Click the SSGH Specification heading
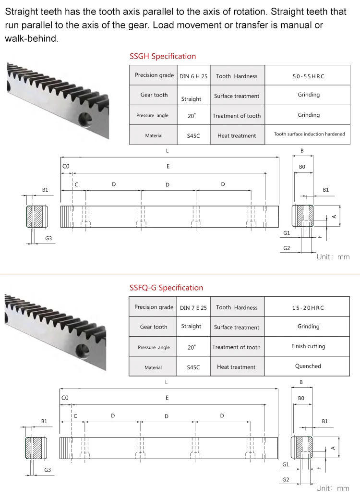tap(163, 56)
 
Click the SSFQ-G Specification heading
tap(166, 288)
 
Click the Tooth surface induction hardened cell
tap(309, 134)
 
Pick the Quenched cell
tap(308, 366)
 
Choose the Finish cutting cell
tap(308, 346)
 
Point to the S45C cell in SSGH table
tap(193, 136)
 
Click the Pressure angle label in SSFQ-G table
tap(154, 347)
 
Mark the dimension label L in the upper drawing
tap(167, 151)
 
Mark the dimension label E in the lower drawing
tap(167, 398)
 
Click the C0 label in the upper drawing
tap(66, 166)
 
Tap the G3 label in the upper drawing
tap(48, 238)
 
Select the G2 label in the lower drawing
tap(286, 479)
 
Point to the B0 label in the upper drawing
tap(302, 167)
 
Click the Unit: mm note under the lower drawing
tap(333, 488)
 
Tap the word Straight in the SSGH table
tap(191, 99)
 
